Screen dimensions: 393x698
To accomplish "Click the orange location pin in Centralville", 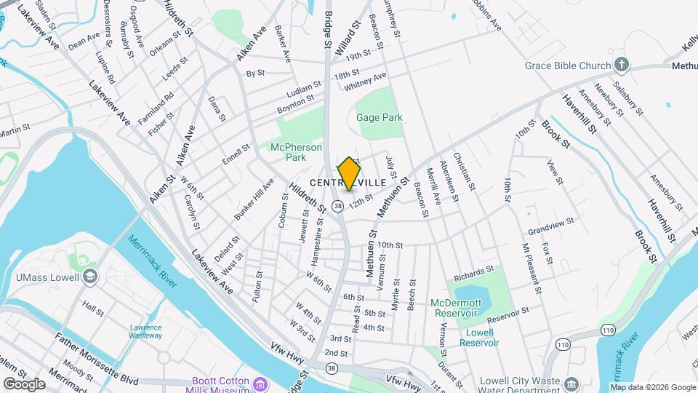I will pyautogui.click(x=349, y=174).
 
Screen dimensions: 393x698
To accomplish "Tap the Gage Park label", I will pyautogui.click(x=379, y=117).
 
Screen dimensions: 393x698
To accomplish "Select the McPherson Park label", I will pyautogui.click(x=296, y=152).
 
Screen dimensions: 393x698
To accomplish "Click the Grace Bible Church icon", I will pyautogui.click(x=621, y=65).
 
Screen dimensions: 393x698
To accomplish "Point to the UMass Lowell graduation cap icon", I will pyautogui.click(x=89, y=277).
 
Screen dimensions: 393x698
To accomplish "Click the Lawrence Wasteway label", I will pyautogui.click(x=145, y=331).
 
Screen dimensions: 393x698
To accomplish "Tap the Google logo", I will pyautogui.click(x=23, y=384).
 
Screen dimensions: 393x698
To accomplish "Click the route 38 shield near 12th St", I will pyautogui.click(x=338, y=207).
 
